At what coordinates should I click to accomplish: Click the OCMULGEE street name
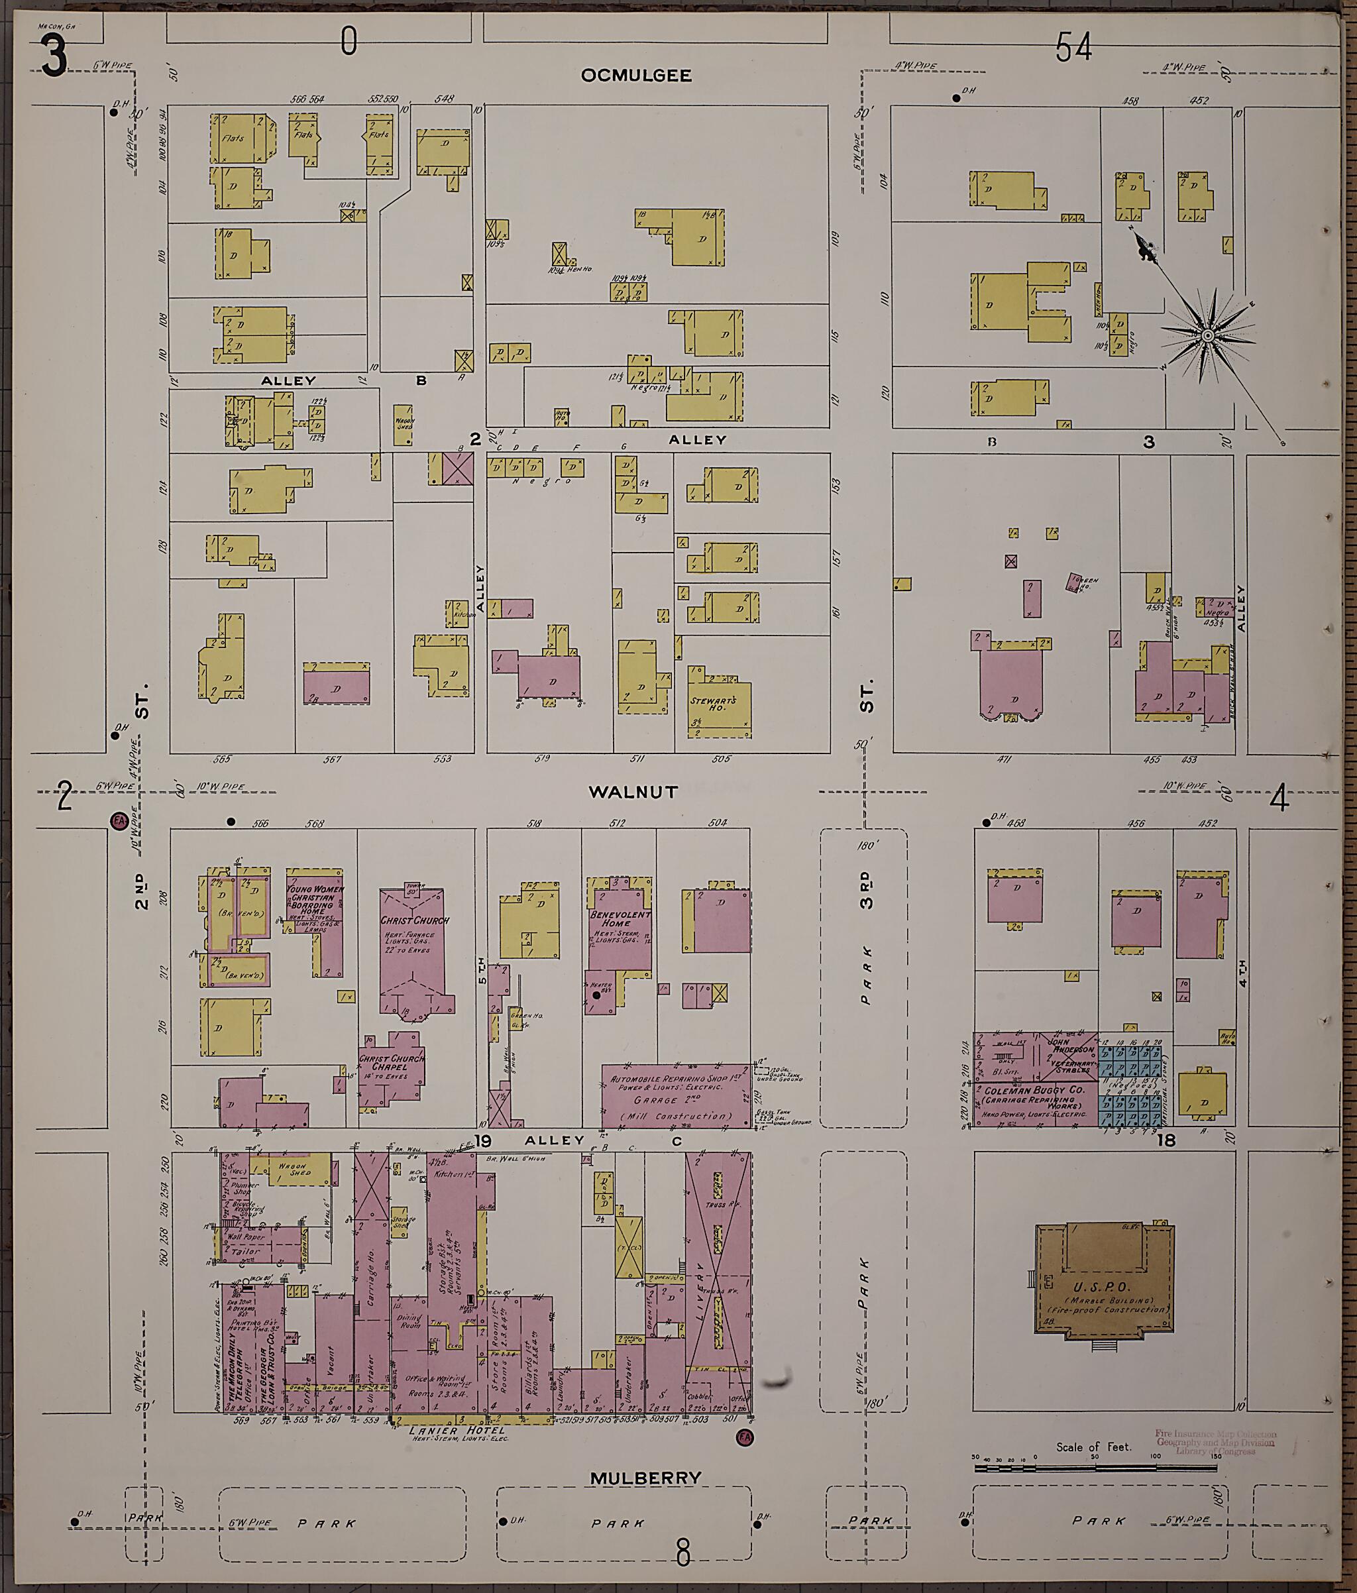tap(636, 76)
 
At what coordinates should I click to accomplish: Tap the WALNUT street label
tap(633, 792)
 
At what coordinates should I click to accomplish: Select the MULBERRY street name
tap(646, 1478)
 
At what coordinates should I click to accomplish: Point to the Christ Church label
tap(414, 920)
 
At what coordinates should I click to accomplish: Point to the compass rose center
tap(1208, 336)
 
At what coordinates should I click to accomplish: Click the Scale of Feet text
tap(1093, 1447)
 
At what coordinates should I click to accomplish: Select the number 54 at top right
tap(1073, 49)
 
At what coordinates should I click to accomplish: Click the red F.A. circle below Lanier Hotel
tap(743, 1437)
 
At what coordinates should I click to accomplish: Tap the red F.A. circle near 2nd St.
tap(119, 820)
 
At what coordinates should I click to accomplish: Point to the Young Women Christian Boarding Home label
tap(315, 899)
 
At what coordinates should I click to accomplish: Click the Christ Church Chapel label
tap(392, 1064)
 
